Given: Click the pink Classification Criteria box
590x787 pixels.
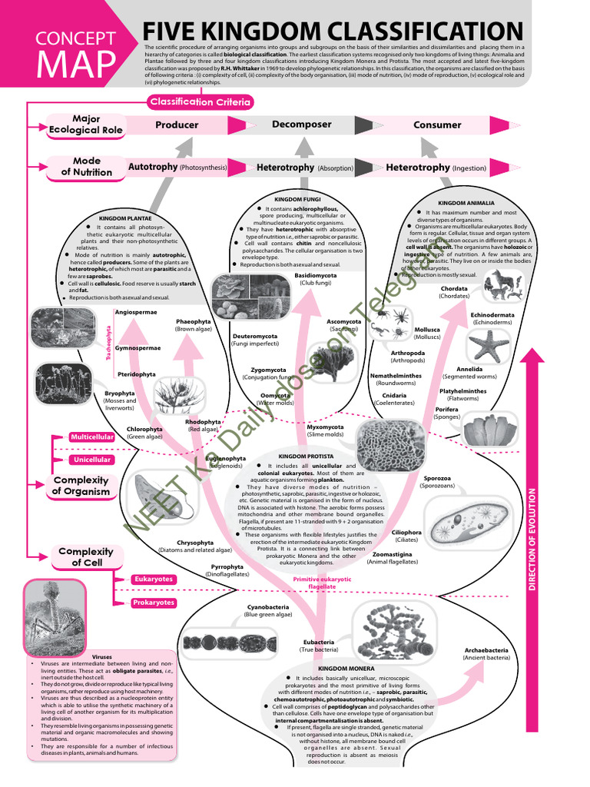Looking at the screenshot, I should tap(201, 101).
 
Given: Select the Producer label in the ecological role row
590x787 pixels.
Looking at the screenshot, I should tap(177, 125).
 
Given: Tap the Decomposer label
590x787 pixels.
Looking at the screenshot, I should tap(302, 124).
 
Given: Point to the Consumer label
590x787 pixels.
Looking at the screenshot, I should tap(437, 125).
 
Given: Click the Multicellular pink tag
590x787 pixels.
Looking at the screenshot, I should tap(92, 437).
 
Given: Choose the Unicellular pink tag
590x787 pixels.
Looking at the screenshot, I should tap(92, 460).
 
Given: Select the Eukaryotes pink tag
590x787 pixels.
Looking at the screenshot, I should tap(153, 579).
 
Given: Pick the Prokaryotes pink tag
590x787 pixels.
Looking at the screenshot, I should tap(153, 603).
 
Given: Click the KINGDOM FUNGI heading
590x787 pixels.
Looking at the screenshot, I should tap(297, 200).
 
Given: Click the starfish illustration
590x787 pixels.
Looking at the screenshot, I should tap(489, 345).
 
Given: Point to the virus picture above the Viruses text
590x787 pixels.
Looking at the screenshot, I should tap(55, 614).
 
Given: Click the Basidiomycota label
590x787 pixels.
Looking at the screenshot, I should tap(316, 274).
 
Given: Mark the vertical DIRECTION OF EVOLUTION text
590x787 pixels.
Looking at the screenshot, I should tap(531, 538).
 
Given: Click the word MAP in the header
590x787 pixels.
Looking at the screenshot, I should tap(75, 65).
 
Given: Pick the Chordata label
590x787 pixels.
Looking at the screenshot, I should tap(454, 289).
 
